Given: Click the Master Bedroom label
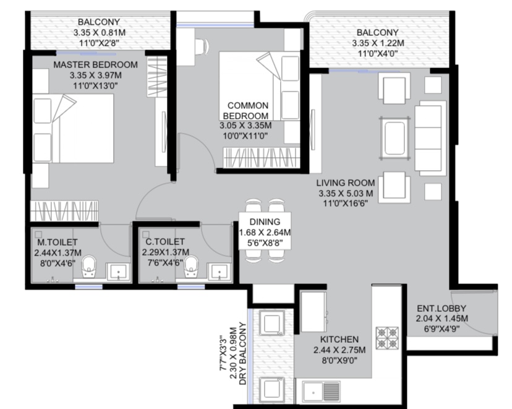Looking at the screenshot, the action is [x=95, y=65].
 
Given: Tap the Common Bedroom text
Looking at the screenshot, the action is [x=247, y=111].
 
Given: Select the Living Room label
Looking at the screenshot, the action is [x=346, y=183].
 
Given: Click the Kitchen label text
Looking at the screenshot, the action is [x=339, y=339].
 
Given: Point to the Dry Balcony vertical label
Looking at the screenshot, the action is [x=242, y=353].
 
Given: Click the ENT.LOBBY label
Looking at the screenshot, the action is [x=442, y=308].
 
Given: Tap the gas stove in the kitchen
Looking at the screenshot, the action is [x=387, y=338].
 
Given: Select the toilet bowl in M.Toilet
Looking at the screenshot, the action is [x=88, y=266].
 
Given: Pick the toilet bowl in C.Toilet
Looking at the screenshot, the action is [x=191, y=266].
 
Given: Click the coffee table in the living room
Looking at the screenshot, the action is [x=395, y=138].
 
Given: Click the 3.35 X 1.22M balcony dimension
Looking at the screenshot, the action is [x=378, y=43].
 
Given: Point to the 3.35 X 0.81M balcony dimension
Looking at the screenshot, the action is [x=100, y=33].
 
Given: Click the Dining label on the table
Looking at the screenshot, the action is [x=265, y=222].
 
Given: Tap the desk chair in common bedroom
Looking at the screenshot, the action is [x=202, y=45].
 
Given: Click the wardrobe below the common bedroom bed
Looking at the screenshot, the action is [x=261, y=158].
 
